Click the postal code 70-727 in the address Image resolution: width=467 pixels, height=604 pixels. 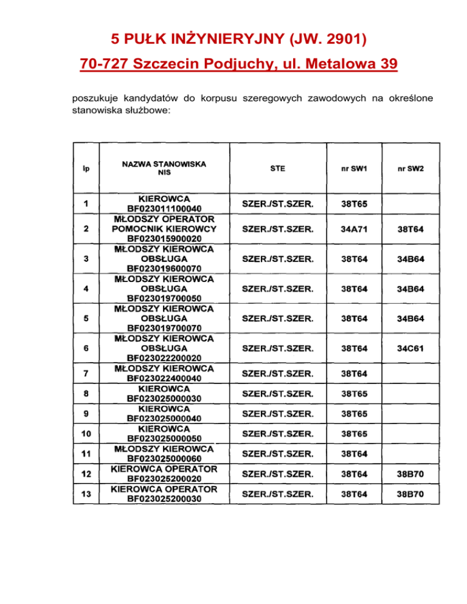105,64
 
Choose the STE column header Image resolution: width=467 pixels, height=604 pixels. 277,168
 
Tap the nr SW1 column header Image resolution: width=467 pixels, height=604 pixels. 354,168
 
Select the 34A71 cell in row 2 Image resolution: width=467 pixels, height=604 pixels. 354,228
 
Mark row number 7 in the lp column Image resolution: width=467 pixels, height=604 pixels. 86,372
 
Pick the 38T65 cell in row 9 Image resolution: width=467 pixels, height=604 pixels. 354,413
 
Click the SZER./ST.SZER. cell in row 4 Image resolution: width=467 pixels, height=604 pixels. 277,289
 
